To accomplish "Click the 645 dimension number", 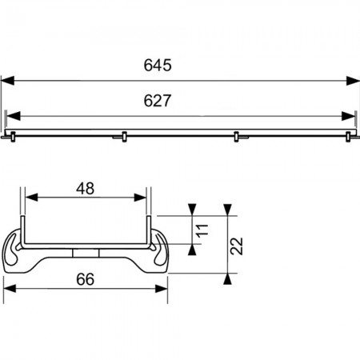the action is [158, 65].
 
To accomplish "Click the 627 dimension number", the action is [158, 101].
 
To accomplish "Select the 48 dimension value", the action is [86, 189].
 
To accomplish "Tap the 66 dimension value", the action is [86, 279].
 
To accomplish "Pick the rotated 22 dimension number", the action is [237, 246].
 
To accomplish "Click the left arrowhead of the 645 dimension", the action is [7, 81].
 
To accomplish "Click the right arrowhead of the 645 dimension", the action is [353, 81].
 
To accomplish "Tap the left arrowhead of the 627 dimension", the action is [14, 116].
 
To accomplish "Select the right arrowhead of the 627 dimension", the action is [348, 116].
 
